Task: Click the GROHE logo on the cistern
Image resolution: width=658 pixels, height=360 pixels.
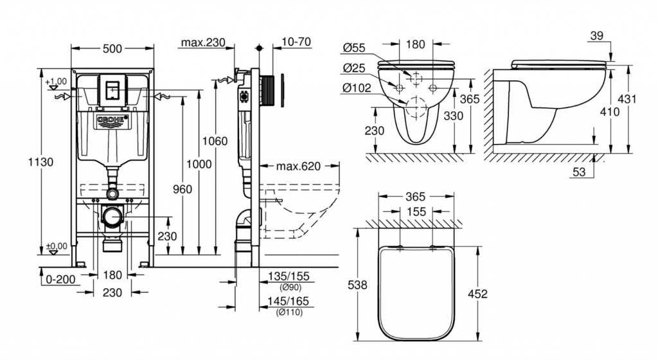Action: pos(114,120)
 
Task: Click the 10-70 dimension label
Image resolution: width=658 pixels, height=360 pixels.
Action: pos(296,42)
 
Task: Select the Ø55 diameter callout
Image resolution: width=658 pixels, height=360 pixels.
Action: pos(354,48)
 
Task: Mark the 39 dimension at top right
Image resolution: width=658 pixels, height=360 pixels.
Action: pos(596,37)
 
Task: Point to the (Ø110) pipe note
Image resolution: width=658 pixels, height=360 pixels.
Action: pos(289,312)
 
